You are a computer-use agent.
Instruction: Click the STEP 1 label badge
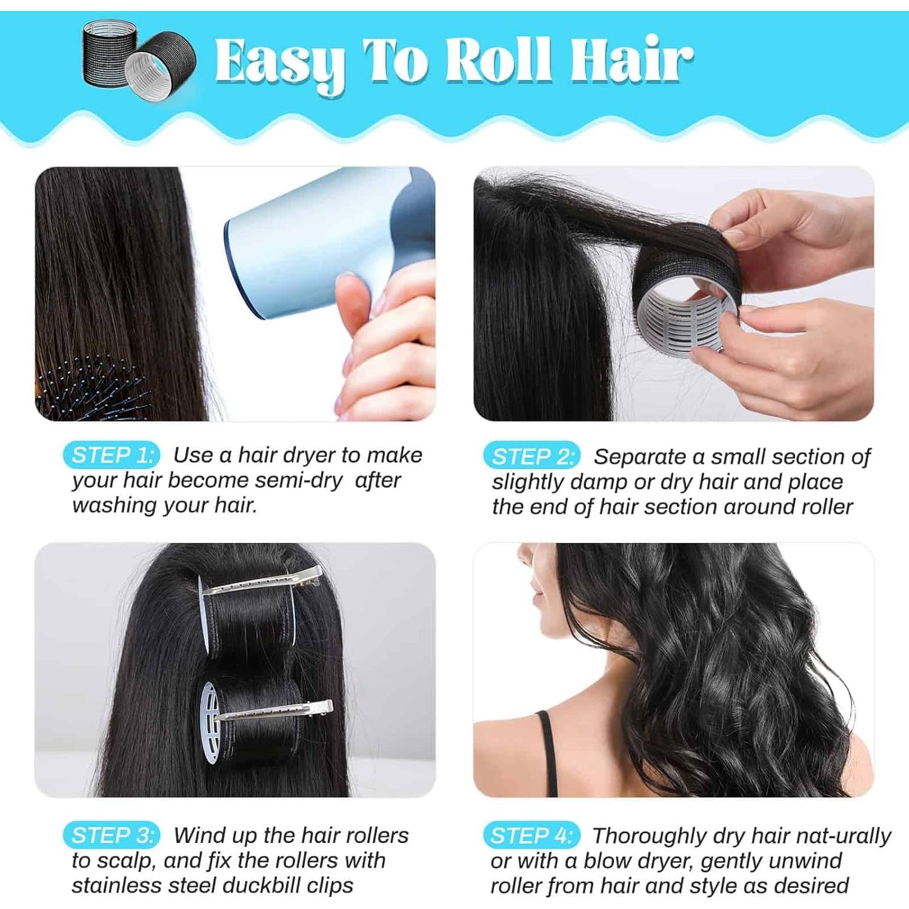click(112, 455)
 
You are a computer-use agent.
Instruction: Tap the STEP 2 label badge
click(531, 456)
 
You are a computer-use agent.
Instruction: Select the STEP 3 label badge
click(112, 836)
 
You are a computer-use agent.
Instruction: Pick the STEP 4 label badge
click(531, 836)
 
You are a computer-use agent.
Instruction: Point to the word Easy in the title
click(280, 61)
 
